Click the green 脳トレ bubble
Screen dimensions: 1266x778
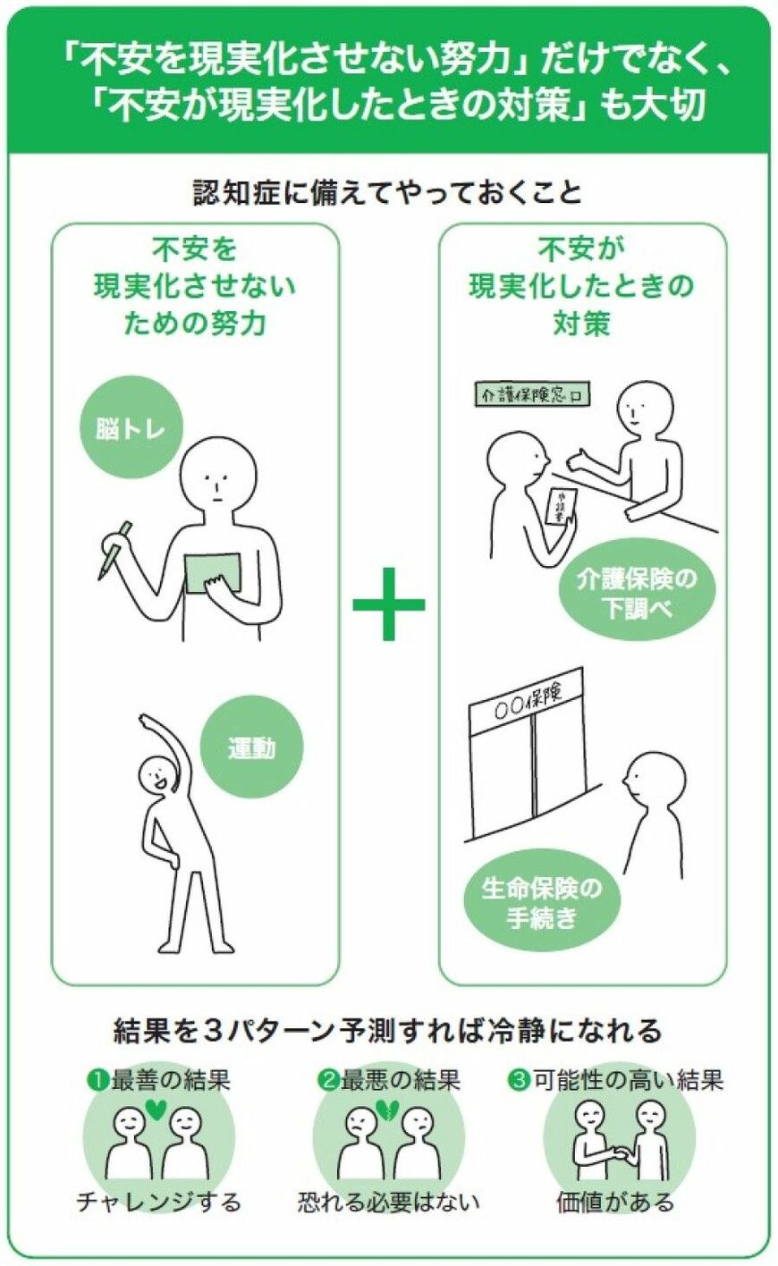(x=131, y=428)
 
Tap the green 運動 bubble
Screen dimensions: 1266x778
(x=251, y=747)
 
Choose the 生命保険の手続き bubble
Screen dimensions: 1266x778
(x=541, y=903)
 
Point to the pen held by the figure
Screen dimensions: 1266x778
(x=114, y=548)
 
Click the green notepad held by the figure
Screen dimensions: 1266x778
(x=212, y=573)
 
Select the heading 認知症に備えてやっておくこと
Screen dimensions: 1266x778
(x=388, y=192)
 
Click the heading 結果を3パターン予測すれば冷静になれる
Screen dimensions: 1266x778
(x=388, y=1030)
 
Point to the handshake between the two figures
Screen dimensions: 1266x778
(x=618, y=1153)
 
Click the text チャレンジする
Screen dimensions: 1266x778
(x=158, y=1202)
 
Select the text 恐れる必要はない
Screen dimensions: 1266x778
(x=388, y=1202)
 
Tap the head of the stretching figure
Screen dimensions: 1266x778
(x=158, y=774)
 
